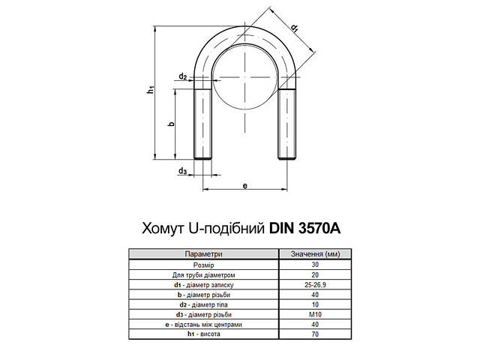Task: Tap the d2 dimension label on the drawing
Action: point(183,76)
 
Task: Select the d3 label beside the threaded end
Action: point(182,172)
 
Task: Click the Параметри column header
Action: point(204,255)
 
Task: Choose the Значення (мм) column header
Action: point(314,255)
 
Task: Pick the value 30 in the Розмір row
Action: point(314,265)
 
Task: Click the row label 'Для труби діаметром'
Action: point(204,274)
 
